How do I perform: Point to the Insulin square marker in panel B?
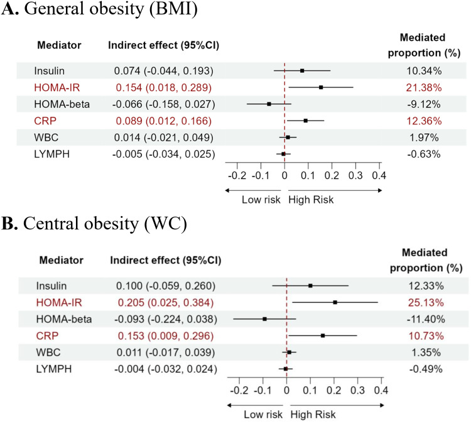[311, 286]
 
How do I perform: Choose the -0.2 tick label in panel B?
[240, 390]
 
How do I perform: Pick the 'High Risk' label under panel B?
[311, 414]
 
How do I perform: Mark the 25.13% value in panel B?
[425, 303]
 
